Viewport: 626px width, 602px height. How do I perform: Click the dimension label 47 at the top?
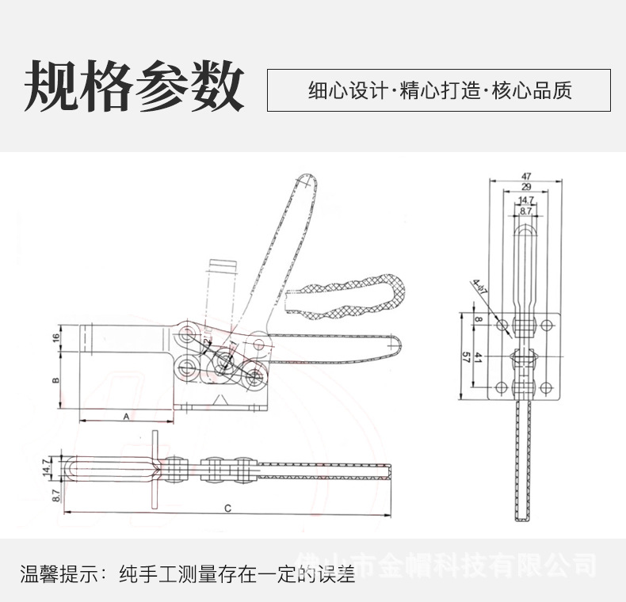click(527, 176)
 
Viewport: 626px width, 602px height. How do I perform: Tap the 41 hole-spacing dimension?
click(479, 358)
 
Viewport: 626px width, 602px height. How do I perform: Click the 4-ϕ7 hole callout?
click(479, 287)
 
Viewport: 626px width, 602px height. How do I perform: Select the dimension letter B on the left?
click(55, 381)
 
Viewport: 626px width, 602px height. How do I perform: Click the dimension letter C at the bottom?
click(227, 508)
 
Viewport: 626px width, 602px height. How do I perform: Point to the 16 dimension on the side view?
click(55, 338)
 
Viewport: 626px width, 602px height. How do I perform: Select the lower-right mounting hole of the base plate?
click(546, 387)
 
